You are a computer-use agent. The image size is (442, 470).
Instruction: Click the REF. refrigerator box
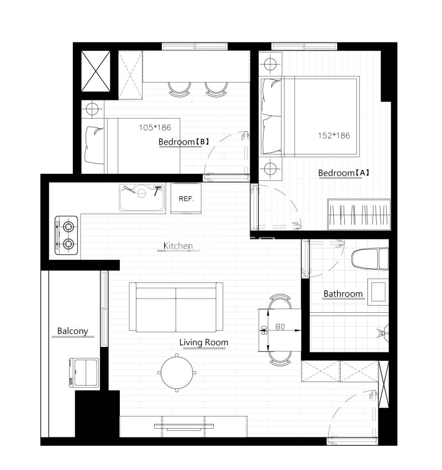(186, 199)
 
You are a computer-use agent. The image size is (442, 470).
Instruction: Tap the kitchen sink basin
(142, 197)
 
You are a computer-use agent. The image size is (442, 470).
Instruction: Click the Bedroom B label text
(184, 142)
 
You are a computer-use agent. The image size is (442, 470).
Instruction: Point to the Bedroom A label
(344, 173)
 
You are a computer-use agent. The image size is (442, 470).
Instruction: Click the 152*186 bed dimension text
(334, 136)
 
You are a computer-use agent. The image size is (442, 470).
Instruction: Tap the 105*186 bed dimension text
(155, 127)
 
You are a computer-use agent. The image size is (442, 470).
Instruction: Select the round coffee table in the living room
(177, 373)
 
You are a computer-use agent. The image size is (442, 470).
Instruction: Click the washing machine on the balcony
(84, 372)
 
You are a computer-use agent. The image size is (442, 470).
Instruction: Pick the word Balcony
(73, 331)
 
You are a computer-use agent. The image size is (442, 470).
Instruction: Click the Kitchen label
(178, 246)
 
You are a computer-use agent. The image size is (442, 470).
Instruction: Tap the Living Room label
(204, 343)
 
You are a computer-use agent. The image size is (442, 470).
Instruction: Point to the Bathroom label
(343, 293)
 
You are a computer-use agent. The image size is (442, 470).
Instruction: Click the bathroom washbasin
(378, 292)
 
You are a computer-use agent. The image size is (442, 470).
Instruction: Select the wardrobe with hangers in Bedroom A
(359, 215)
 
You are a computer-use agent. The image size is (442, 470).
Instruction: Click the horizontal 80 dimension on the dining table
(280, 327)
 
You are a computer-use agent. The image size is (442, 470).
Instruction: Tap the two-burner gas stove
(66, 236)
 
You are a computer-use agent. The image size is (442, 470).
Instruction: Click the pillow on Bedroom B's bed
(94, 145)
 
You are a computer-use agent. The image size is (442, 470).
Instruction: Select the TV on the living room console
(184, 427)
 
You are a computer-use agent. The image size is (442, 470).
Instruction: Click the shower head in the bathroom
(382, 333)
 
